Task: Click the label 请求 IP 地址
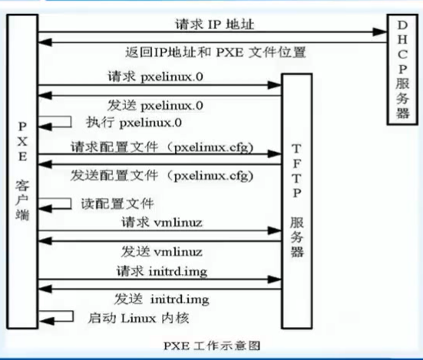point(215,25)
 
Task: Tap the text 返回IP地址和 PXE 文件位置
point(215,52)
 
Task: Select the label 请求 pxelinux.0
point(155,77)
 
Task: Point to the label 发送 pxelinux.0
point(155,105)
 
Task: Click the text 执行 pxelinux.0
point(134,123)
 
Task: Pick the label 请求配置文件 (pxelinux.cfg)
point(162,147)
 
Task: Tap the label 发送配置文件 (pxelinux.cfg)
point(162,176)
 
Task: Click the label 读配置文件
point(117,204)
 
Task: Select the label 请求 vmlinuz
point(162,223)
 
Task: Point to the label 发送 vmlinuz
point(162,252)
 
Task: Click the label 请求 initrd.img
point(162,271)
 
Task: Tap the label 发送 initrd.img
point(162,299)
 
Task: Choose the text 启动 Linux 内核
point(138,319)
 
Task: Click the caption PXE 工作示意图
point(212,345)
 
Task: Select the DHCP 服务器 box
point(402,70)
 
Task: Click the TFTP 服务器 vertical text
point(297,200)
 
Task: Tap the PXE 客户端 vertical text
point(22,171)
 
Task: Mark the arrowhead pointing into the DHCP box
point(380,31)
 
